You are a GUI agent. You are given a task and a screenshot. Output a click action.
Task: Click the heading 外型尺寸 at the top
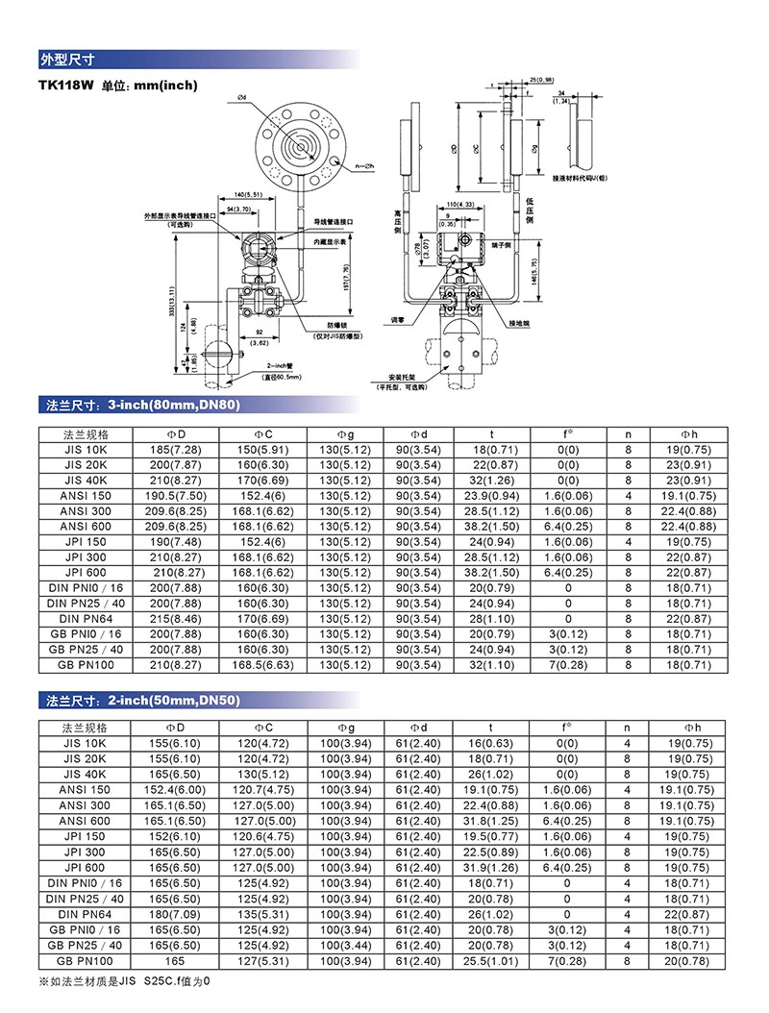(x=64, y=58)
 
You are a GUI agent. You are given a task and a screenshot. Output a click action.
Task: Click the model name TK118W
(x=64, y=85)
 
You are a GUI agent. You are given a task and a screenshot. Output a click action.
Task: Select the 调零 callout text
(x=398, y=316)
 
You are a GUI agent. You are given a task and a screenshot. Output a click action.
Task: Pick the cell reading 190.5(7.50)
(x=177, y=496)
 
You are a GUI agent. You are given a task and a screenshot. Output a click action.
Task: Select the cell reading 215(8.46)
(x=177, y=619)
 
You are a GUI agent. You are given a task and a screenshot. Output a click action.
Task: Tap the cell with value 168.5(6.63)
(x=263, y=665)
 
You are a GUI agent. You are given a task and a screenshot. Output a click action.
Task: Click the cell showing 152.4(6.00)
(x=177, y=789)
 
